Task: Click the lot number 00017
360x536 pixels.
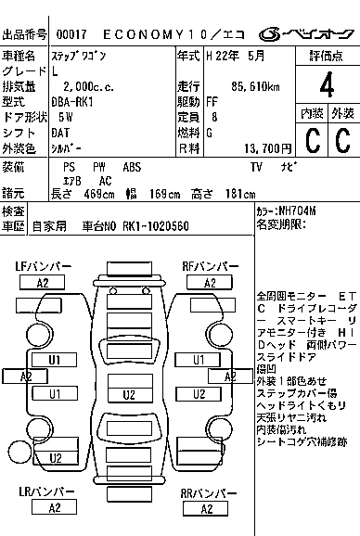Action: (71, 34)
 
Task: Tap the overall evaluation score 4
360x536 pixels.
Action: (327, 87)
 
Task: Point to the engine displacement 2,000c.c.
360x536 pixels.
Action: (77, 86)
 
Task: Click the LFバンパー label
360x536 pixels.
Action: (43, 267)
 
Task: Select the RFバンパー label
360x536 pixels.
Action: (210, 267)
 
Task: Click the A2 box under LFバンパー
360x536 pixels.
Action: (43, 283)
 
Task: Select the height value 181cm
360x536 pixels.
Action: (237, 194)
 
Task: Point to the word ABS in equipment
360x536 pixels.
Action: (133, 166)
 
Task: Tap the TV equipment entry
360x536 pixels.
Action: (256, 166)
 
